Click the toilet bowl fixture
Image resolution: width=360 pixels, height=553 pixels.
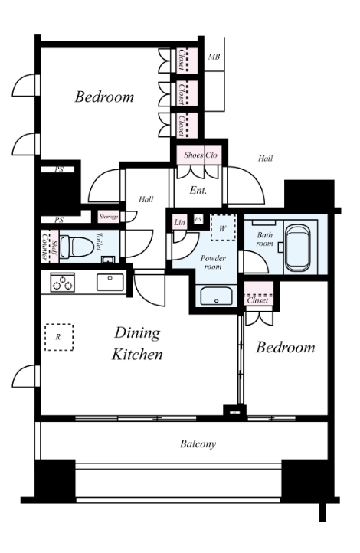point(77,247)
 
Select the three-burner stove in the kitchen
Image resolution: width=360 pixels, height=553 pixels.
point(62,283)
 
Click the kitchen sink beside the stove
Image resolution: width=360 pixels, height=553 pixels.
point(110,282)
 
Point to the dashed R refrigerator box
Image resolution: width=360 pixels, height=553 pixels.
point(59,337)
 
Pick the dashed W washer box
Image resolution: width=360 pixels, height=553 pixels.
point(223,227)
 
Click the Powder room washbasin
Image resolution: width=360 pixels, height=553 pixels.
point(217,296)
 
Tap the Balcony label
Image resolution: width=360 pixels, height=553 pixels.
point(198,443)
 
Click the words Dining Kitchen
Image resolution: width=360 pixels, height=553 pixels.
point(137,343)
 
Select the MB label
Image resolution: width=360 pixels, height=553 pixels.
point(214,57)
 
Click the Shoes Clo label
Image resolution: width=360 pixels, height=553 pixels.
point(201,155)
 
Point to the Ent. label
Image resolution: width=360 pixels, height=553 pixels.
point(198,191)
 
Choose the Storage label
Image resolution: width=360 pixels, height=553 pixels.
point(108,217)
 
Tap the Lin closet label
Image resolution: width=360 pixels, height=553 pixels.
point(179,222)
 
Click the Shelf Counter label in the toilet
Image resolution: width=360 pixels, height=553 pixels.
point(49,246)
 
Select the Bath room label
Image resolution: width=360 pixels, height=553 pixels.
point(265,239)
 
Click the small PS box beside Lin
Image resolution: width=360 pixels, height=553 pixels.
point(198,219)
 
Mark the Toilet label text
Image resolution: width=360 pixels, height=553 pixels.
point(99,241)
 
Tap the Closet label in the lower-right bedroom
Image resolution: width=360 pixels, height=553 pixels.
point(258,300)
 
